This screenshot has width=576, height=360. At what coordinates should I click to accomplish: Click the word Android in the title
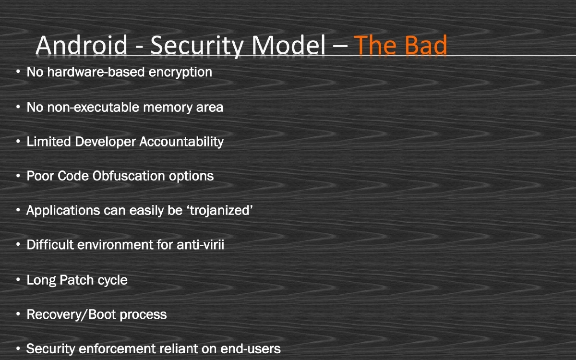point(82,46)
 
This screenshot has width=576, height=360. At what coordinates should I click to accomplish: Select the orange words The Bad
point(401,46)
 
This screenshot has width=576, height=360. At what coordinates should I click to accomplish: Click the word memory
point(164,107)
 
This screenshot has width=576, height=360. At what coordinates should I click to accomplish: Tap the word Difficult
point(47,245)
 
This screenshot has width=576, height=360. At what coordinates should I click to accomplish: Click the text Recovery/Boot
point(72,315)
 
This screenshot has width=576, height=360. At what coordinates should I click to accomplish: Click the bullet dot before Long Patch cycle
point(18,280)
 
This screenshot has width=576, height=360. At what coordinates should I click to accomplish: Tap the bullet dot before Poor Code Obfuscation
point(18,176)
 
